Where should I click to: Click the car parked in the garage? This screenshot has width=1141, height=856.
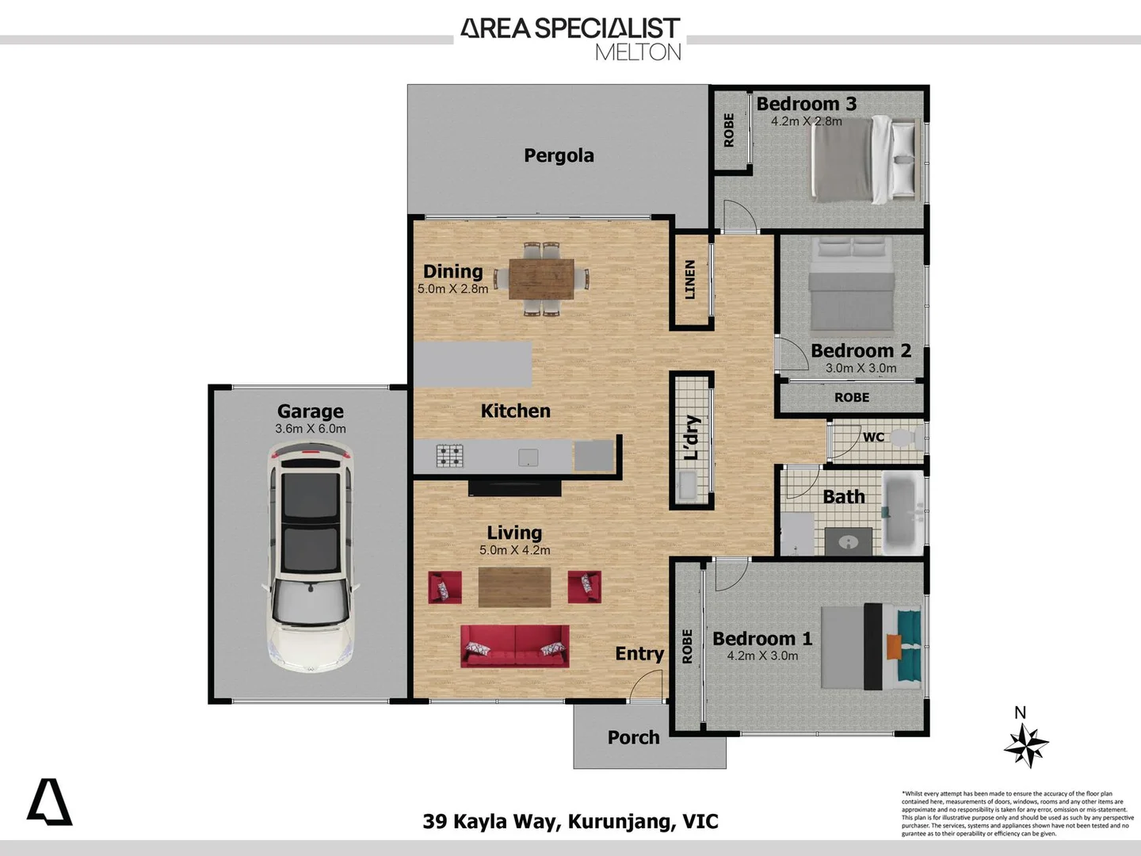(x=310, y=556)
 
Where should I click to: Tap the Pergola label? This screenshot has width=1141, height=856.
(x=559, y=155)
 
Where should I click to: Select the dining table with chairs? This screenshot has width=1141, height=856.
(x=541, y=279)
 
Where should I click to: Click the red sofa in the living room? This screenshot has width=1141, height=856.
(x=515, y=645)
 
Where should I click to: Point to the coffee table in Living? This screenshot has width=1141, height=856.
(x=514, y=587)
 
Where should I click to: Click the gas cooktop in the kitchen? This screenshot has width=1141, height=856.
(x=449, y=456)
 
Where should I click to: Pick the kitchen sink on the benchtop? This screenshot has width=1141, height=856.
(x=528, y=457)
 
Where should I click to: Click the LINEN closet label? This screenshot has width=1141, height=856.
(x=690, y=280)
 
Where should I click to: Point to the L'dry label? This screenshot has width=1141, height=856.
(x=692, y=438)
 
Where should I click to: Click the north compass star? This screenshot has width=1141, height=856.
(x=1025, y=746)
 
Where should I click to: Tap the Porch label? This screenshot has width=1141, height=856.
(x=633, y=737)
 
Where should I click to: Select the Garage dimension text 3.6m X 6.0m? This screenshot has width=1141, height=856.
(x=311, y=429)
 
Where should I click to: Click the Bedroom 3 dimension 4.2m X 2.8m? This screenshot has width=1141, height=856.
(x=806, y=121)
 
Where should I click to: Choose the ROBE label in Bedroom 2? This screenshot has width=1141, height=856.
(x=851, y=397)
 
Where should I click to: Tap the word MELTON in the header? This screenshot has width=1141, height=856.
(x=638, y=52)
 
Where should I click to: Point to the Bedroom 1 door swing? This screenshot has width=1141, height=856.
(x=731, y=574)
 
